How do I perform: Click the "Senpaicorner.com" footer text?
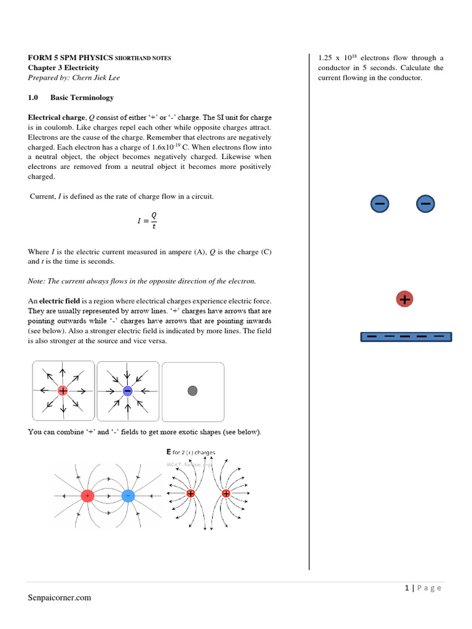coord(60,597)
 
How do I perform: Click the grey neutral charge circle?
coord(192,391)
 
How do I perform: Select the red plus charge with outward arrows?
coord(63,391)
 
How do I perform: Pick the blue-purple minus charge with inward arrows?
coord(127,391)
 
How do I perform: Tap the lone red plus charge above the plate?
coord(404,299)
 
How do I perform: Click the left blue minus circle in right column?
coord(380,203)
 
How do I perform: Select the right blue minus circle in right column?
coord(425,203)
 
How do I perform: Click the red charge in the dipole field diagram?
coord(88,496)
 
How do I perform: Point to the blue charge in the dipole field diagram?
coord(128,496)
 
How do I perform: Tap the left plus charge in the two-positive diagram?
coord(191,493)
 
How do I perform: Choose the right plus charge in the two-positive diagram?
coord(226,493)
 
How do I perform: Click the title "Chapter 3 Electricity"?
coord(63,68)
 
